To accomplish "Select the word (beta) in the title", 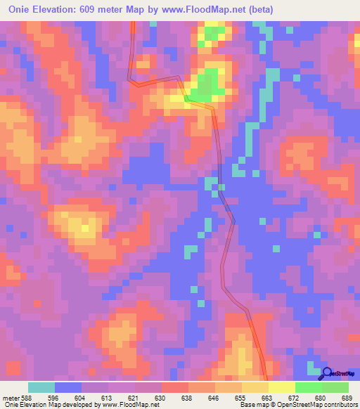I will click(258, 10).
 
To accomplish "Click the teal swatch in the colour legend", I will click(41, 388).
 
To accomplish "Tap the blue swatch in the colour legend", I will click(67, 388).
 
